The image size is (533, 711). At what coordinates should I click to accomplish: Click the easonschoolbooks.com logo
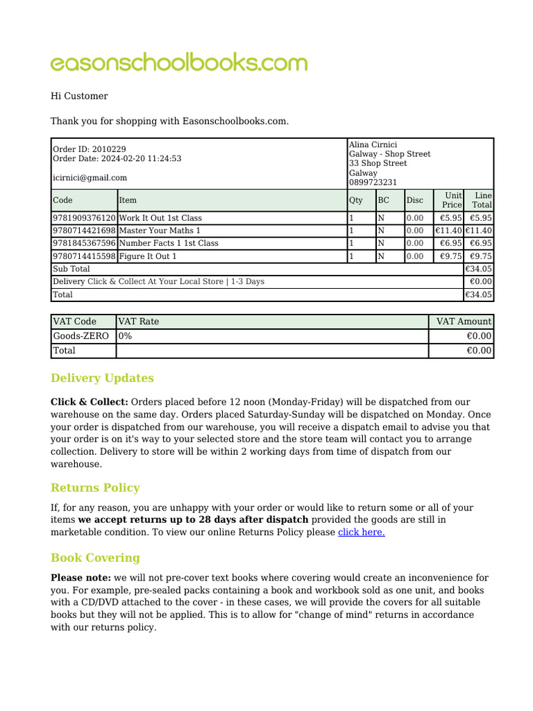tap(178, 63)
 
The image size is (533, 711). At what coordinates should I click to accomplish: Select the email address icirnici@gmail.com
tap(90, 178)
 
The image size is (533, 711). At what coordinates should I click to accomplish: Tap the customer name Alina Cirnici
tap(373, 144)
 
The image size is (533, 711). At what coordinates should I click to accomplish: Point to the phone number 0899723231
tap(373, 183)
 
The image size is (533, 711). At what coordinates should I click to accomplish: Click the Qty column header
tap(355, 200)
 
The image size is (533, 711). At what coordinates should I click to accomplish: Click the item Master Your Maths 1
tap(160, 231)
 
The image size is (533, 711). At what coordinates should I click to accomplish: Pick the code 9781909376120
tap(84, 218)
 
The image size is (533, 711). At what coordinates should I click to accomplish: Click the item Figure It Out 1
tap(148, 256)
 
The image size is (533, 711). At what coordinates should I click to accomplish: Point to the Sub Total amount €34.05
tap(478, 269)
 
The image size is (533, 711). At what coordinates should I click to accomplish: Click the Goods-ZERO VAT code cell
tap(81, 336)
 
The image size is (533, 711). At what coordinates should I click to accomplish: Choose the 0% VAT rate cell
tap(126, 336)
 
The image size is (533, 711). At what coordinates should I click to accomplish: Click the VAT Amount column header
tap(464, 321)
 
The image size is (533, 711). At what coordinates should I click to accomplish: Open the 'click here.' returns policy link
tap(361, 532)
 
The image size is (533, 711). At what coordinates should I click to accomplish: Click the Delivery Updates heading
tap(102, 378)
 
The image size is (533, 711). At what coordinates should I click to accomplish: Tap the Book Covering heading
tap(95, 558)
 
